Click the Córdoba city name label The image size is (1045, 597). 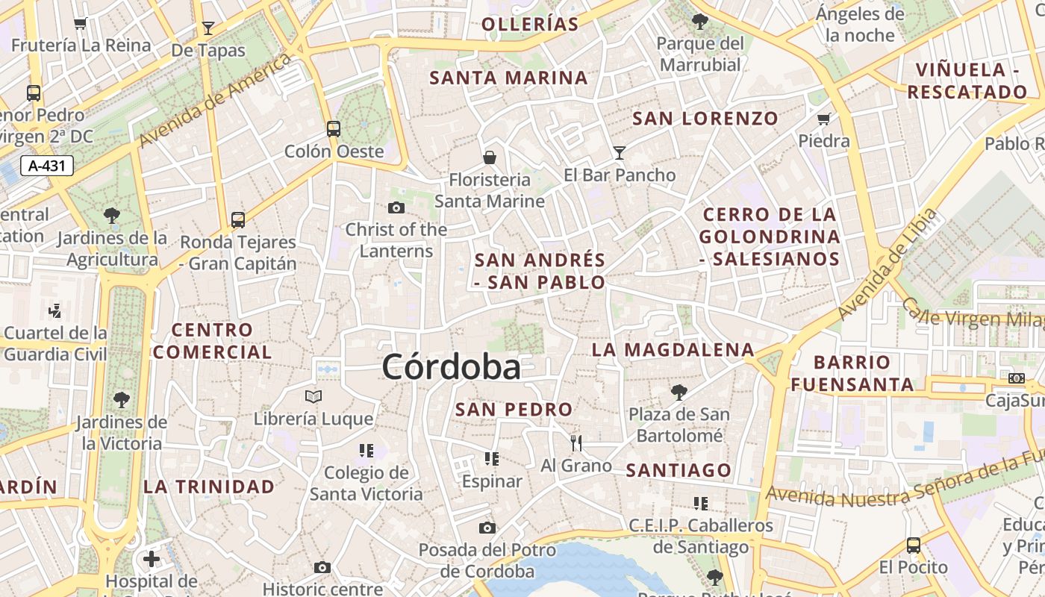(451, 367)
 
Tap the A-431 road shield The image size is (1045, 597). (47, 166)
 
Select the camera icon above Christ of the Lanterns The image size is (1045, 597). (396, 207)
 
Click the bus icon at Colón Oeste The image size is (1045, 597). (334, 129)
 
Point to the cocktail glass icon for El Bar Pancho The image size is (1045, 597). (620, 153)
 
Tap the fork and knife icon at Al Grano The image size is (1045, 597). (575, 443)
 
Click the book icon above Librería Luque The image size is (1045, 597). (313, 396)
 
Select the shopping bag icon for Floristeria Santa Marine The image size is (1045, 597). (490, 157)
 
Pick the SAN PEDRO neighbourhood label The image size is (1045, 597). (514, 409)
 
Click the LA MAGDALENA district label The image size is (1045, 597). (673, 349)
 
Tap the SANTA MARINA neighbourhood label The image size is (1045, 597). (508, 78)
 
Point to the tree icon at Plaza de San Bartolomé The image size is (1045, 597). (679, 392)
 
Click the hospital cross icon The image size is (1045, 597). (152, 558)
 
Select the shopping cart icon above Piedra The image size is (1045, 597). (824, 119)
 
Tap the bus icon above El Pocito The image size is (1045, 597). (913, 545)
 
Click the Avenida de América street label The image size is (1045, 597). (215, 100)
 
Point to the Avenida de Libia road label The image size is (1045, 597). (887, 264)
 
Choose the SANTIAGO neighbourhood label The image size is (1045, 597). (678, 470)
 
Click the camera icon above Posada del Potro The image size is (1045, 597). (487, 528)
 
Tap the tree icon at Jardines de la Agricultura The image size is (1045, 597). (112, 216)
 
